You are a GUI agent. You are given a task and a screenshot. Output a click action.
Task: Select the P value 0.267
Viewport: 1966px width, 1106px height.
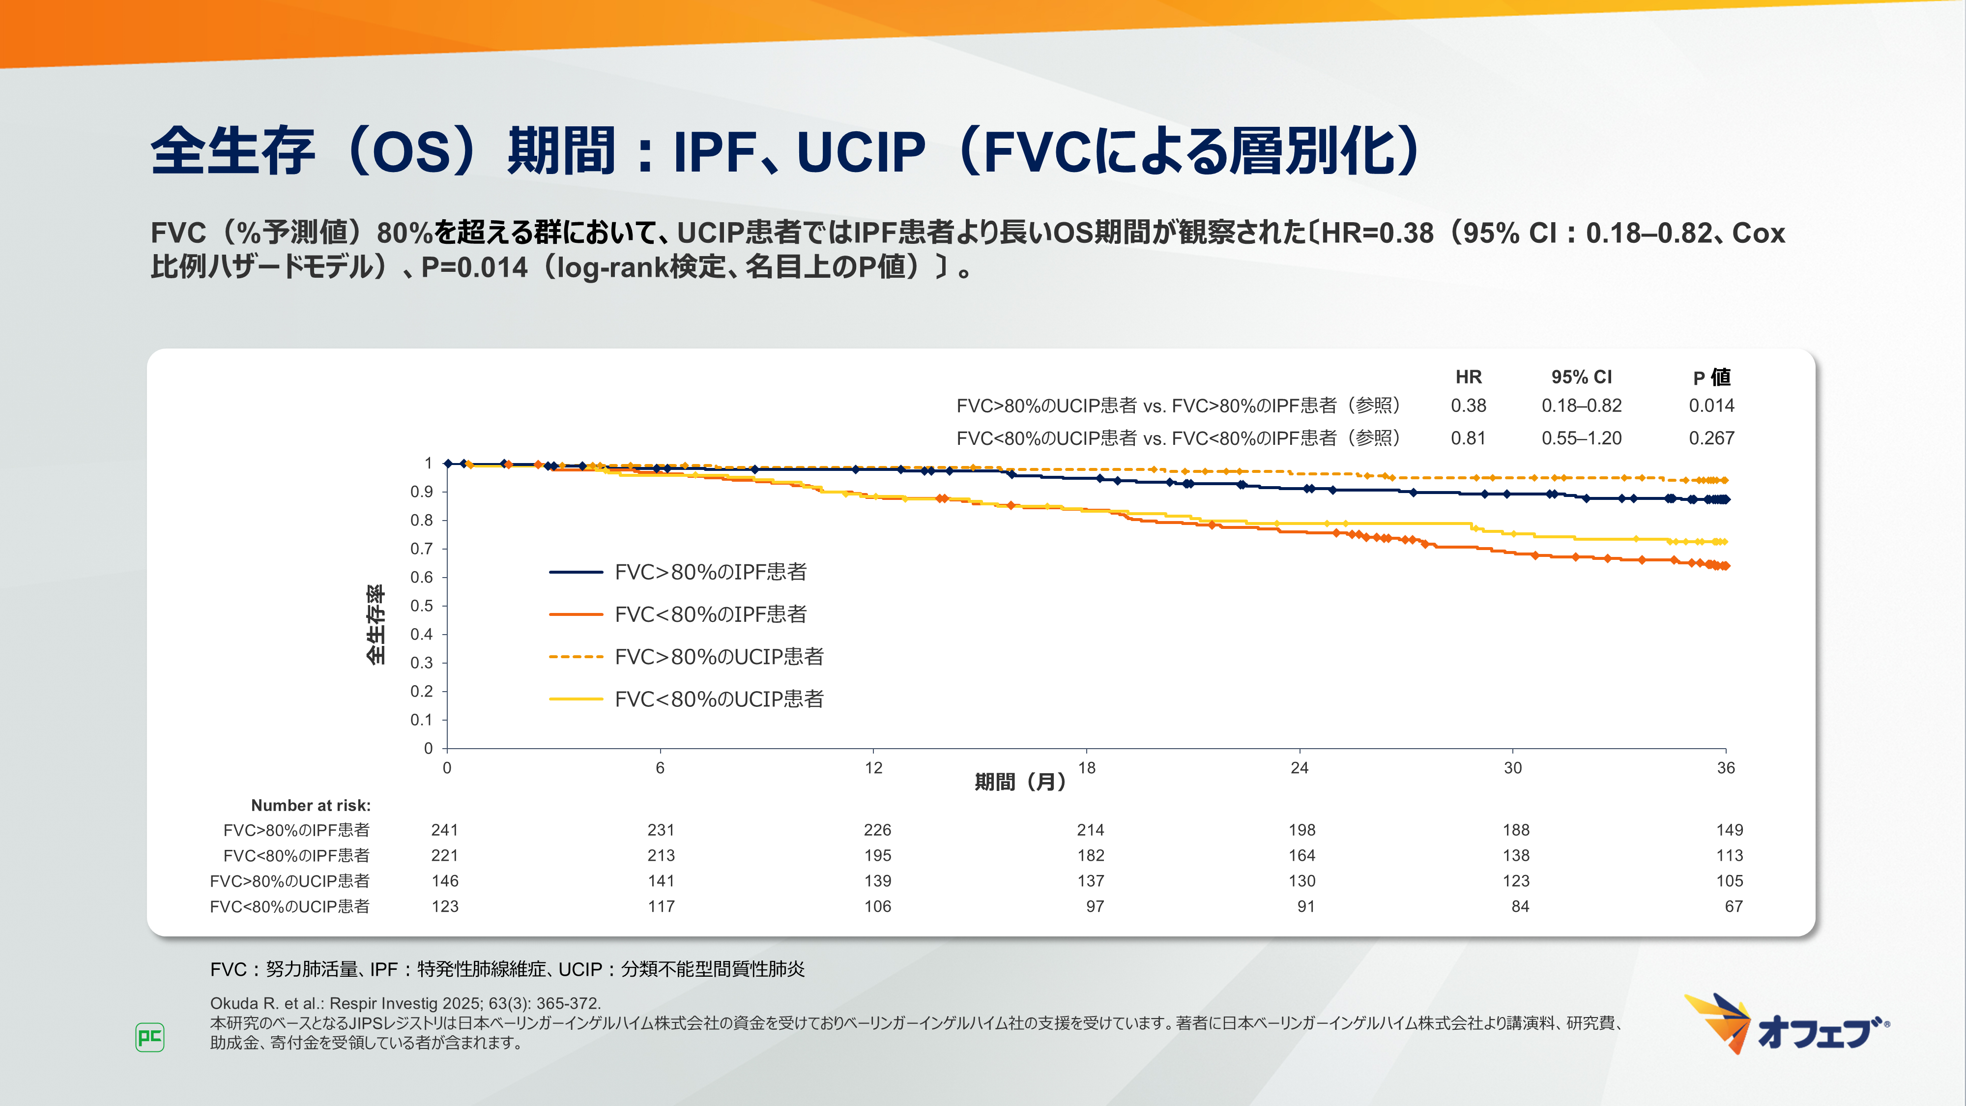[1711, 438]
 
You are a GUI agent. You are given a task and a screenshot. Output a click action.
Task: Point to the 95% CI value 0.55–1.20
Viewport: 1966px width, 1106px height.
[1581, 438]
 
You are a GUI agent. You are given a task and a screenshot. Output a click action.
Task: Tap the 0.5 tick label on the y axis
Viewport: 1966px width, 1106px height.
[421, 606]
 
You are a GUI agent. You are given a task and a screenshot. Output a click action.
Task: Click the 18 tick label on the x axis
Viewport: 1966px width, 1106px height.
[1087, 768]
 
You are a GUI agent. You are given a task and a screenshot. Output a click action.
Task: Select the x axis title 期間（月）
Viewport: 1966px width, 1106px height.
[1020, 782]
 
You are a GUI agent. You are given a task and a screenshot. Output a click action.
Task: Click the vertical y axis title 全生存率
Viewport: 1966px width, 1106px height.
[376, 624]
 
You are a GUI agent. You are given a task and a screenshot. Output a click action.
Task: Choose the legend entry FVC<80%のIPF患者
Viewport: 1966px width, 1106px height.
[710, 614]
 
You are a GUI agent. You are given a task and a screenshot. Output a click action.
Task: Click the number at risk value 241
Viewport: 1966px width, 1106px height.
[444, 830]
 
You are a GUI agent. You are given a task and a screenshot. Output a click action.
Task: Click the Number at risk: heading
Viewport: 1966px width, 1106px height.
[311, 805]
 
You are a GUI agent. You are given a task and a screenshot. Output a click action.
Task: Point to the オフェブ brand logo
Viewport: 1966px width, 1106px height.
[1786, 1025]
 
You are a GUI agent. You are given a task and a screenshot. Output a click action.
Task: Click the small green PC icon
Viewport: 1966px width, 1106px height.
[149, 1037]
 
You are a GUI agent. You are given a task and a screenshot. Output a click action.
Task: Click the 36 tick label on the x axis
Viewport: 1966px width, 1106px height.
[1726, 768]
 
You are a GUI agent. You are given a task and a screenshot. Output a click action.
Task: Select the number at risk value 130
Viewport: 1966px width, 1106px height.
[1301, 881]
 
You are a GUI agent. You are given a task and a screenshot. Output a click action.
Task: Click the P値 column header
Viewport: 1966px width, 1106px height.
[1711, 377]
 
